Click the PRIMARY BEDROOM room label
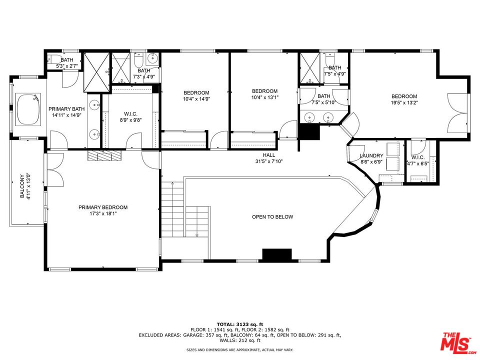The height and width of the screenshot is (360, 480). click(102, 207)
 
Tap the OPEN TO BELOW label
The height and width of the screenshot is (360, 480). click(272, 217)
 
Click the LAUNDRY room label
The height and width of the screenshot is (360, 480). click(371, 156)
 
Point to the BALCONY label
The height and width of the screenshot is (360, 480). click(22, 186)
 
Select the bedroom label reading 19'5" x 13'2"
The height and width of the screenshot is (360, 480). click(404, 103)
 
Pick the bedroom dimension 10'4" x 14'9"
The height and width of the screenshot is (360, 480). click(196, 99)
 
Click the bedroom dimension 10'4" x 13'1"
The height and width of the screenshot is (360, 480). click(264, 97)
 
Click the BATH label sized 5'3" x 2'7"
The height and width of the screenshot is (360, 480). click(66, 66)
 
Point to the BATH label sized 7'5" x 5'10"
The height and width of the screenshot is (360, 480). click(323, 103)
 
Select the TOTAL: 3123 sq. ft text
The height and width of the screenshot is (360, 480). click(239, 324)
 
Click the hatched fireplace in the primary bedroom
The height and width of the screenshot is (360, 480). click(104, 156)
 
